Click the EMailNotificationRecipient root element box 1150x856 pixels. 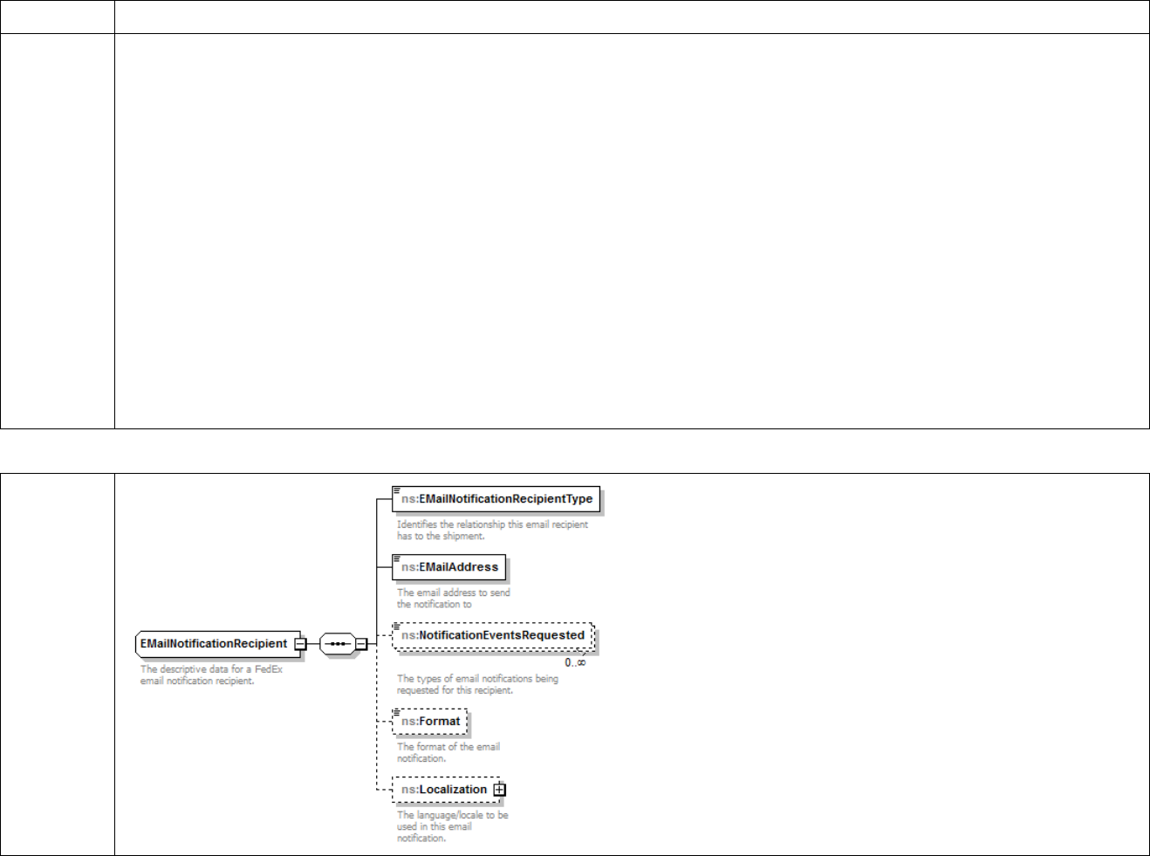(x=214, y=644)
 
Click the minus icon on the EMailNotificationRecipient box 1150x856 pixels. (x=299, y=645)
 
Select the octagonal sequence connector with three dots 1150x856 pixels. (x=337, y=645)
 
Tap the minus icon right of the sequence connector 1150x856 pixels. (x=360, y=645)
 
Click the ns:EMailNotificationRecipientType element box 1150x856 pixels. (x=496, y=499)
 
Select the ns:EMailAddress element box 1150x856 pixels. (x=449, y=567)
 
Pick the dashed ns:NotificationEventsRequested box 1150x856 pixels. (x=493, y=635)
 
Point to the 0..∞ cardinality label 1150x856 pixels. (x=575, y=662)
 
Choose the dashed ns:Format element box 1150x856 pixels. (x=430, y=722)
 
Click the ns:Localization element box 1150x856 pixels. (x=444, y=790)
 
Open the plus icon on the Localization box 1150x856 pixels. (x=499, y=790)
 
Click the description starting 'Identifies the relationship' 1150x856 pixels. (x=492, y=531)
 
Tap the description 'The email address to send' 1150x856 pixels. (x=453, y=599)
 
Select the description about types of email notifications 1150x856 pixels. (x=477, y=684)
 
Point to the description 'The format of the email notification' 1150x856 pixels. (x=448, y=752)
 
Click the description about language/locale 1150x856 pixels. (x=452, y=826)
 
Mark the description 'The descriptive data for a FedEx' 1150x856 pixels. (x=211, y=675)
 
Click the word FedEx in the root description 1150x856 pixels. (x=269, y=669)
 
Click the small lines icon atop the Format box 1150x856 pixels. (x=396, y=712)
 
